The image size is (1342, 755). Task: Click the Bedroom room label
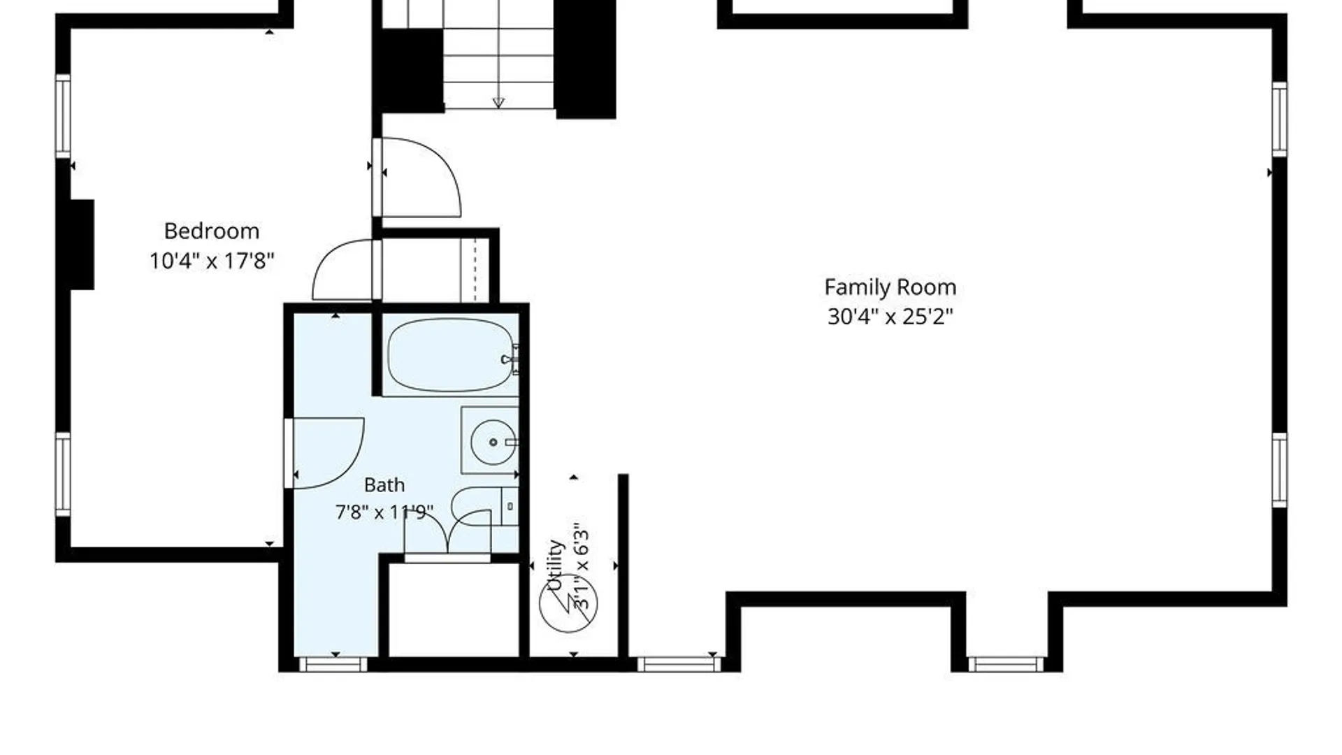point(212,231)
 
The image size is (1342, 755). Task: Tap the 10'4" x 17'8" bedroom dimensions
point(212,261)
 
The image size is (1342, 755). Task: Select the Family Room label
point(890,288)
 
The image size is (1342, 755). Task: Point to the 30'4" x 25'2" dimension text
point(890,317)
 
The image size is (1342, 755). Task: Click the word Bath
point(384,484)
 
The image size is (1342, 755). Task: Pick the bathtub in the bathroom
point(451,355)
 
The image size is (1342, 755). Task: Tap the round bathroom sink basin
point(493,442)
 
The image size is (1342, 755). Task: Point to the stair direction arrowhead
point(498,103)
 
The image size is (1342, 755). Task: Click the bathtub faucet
point(510,359)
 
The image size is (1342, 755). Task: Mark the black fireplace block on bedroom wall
point(82,245)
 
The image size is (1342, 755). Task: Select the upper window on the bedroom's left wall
point(63,116)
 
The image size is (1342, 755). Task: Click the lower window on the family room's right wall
point(1279,470)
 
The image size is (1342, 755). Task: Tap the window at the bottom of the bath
point(333,664)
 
